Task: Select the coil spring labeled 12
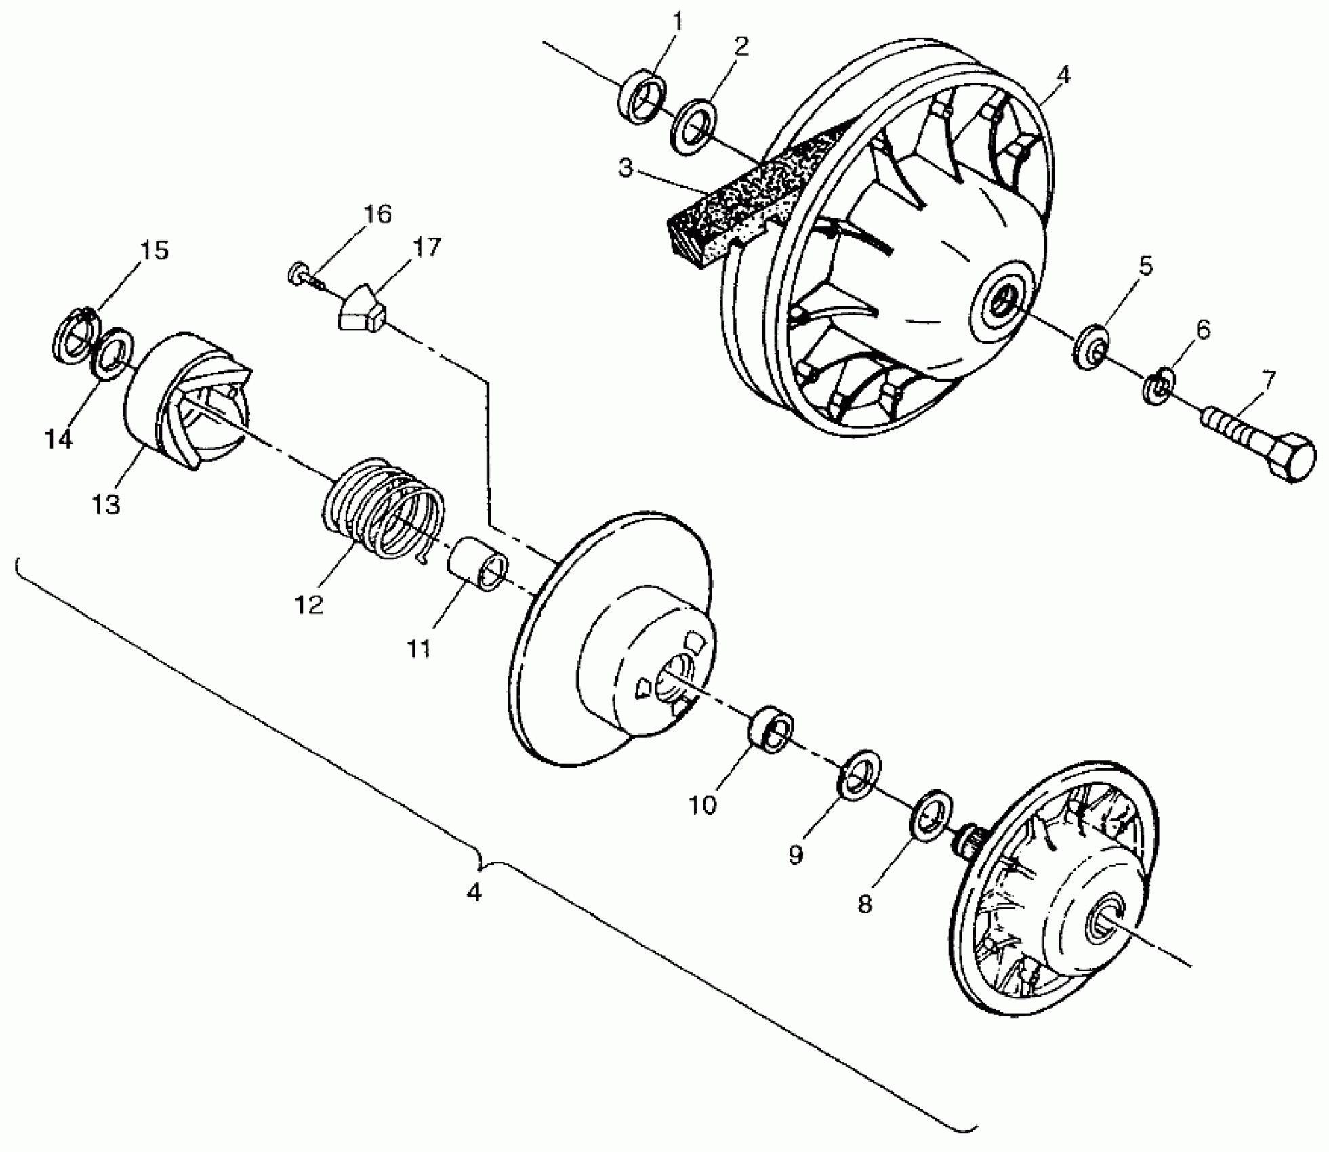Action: point(382,508)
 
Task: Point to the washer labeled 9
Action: point(860,775)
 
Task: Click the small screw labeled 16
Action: point(302,274)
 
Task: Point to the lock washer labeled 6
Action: point(1158,387)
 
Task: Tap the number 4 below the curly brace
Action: point(474,892)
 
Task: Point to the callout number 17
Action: point(426,247)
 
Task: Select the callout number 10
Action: point(703,805)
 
